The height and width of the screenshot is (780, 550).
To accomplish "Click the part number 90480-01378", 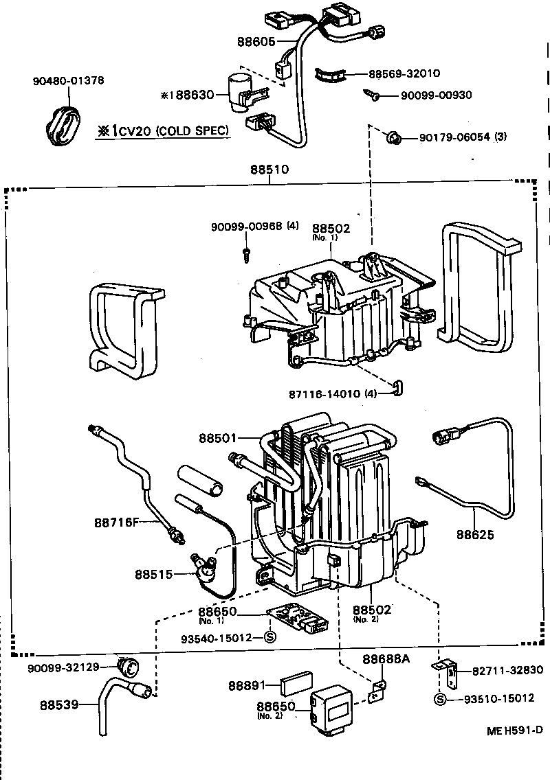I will [x=68, y=80].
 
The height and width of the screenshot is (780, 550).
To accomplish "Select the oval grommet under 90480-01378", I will [x=63, y=126].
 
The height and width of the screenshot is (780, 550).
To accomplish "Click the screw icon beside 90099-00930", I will [x=373, y=96].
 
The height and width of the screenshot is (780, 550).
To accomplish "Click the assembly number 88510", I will [x=270, y=169].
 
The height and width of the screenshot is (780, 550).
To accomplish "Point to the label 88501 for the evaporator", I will [x=218, y=437].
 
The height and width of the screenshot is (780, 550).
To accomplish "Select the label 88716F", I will [x=116, y=523].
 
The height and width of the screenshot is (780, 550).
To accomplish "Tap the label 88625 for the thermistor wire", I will [x=476, y=534].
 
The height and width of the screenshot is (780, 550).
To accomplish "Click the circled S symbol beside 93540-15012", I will [x=269, y=637].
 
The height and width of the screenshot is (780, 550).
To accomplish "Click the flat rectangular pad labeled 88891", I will [x=296, y=685].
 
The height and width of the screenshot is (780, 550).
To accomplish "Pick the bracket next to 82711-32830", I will [x=444, y=673].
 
